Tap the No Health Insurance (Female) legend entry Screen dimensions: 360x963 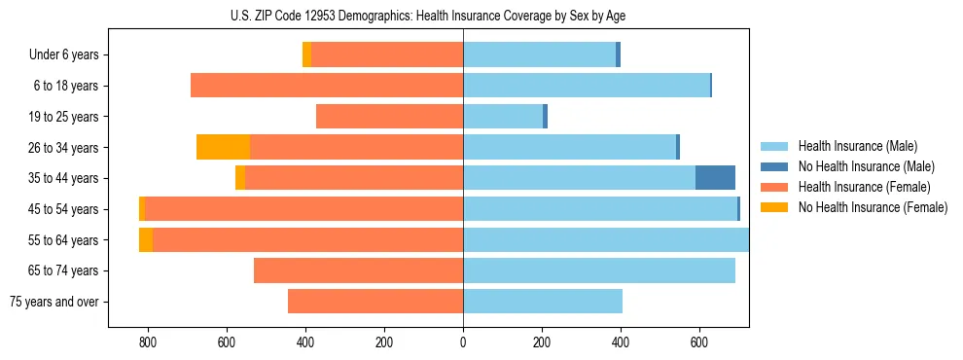tap(873, 207)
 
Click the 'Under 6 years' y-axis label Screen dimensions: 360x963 tap(64, 55)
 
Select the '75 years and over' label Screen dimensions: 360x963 tap(54, 302)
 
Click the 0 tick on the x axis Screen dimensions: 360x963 tap(463, 343)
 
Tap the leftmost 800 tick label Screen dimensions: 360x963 tap(148, 343)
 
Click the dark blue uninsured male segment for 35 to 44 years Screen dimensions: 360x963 tap(715, 178)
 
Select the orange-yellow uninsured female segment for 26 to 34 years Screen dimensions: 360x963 tap(223, 147)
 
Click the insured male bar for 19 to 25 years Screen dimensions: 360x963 tap(503, 117)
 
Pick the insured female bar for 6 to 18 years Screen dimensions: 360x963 tap(327, 86)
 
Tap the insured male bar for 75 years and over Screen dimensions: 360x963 tap(543, 302)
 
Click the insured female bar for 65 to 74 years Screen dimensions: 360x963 tap(358, 270)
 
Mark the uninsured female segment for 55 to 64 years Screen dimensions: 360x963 tap(146, 239)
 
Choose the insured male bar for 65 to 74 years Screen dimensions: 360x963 tap(599, 270)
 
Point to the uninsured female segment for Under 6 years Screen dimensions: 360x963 tap(306, 55)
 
